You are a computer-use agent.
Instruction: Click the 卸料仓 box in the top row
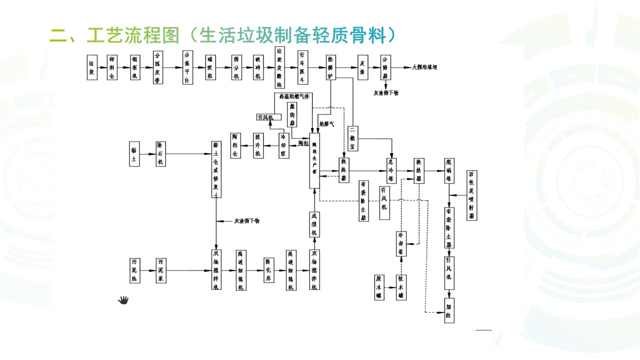click(x=112, y=67)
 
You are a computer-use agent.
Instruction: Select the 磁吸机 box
click(x=210, y=67)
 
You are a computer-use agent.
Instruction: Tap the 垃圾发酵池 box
click(x=280, y=67)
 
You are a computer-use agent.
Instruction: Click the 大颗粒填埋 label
click(x=424, y=67)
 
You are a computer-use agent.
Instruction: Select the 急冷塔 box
click(x=391, y=170)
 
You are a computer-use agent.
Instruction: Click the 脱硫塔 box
click(x=449, y=170)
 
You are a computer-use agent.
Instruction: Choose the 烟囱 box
click(x=449, y=310)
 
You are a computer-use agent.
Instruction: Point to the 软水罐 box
click(x=401, y=287)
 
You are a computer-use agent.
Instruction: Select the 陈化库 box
click(x=268, y=270)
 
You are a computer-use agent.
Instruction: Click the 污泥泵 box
click(x=160, y=270)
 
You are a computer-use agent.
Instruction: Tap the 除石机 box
click(x=160, y=154)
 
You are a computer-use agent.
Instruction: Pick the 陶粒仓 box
click(x=235, y=145)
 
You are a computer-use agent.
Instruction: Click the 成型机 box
click(x=314, y=224)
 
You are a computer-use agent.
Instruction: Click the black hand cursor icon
click(x=123, y=300)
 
